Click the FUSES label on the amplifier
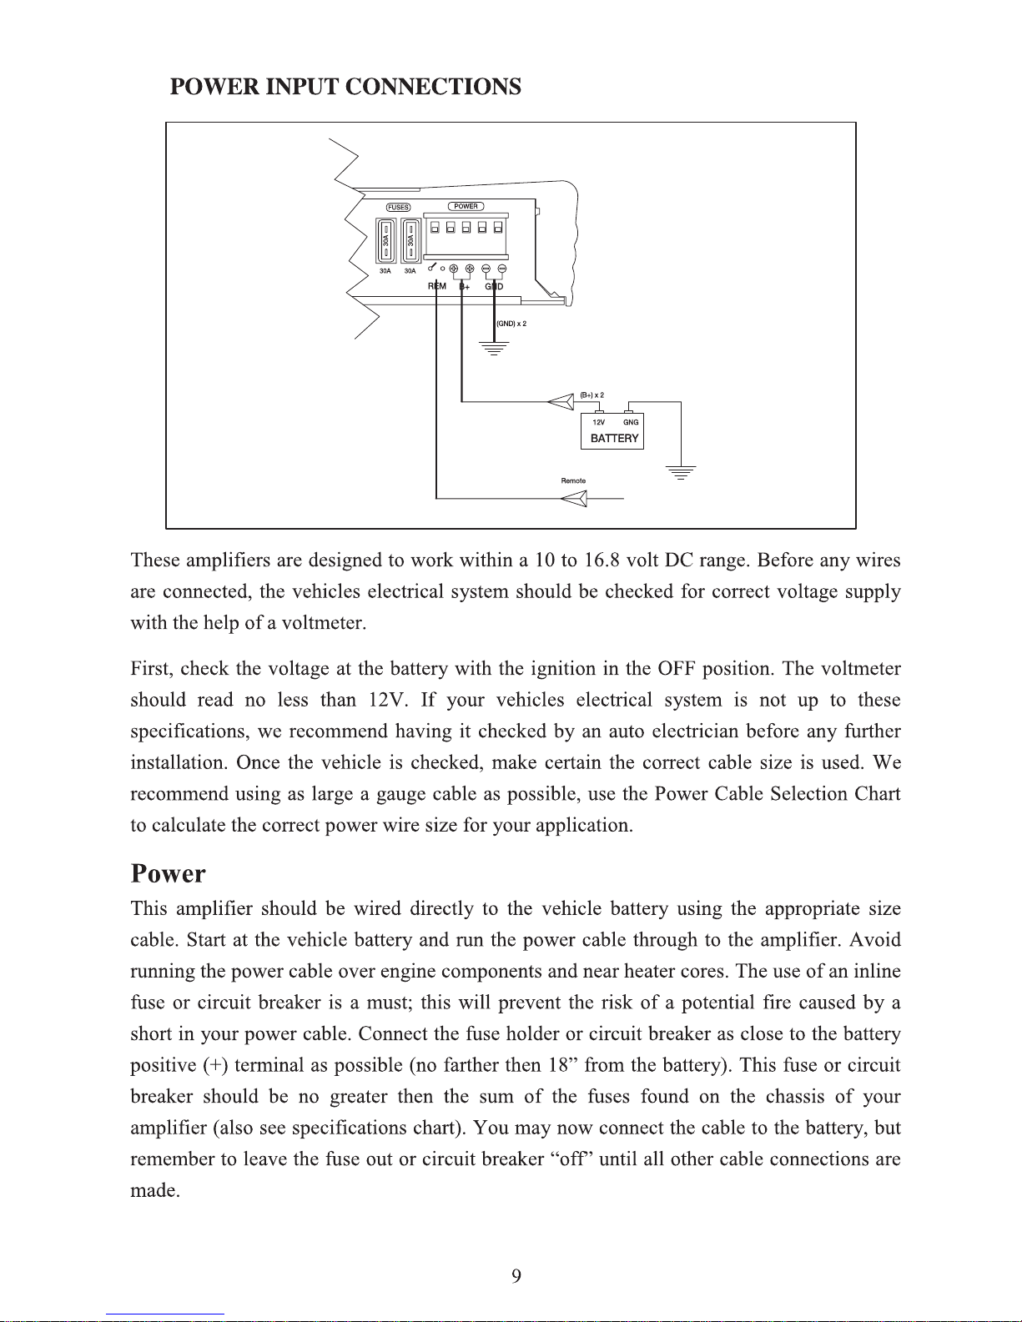coord(398,208)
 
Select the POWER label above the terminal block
coord(466,206)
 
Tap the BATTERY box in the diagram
coord(612,431)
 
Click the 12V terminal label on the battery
coord(599,423)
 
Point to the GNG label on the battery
coord(631,423)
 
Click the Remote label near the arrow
coord(573,481)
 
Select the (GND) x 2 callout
coord(511,324)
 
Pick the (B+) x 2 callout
coord(592,395)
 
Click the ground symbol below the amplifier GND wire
coord(495,348)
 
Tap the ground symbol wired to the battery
coord(682,473)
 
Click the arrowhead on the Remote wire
coord(574,499)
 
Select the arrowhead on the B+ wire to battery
coord(561,402)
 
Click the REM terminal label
coord(437,287)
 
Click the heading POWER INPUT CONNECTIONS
coord(345,88)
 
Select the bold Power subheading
coord(168,874)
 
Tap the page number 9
coord(516,1276)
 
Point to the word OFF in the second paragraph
coord(676,669)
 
